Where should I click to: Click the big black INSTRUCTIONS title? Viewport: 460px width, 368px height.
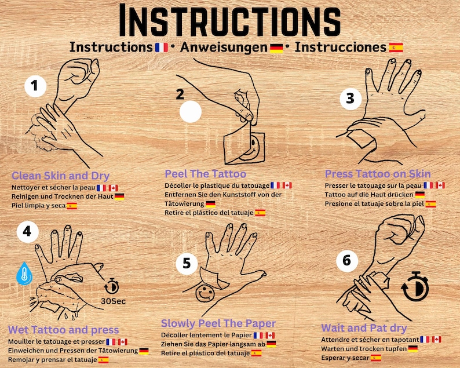229,20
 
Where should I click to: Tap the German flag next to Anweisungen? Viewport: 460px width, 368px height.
276,48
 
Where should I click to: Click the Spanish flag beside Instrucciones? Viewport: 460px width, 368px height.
396,48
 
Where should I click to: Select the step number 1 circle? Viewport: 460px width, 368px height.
35,86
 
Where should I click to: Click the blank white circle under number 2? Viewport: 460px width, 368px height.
191,111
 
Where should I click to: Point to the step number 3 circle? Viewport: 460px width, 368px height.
351,99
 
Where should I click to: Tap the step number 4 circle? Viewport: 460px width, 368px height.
28,232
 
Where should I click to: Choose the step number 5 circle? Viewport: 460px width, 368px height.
187,264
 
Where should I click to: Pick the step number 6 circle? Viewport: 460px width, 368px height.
347,261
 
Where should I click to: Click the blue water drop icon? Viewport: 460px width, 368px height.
24,274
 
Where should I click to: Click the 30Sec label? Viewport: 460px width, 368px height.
113,301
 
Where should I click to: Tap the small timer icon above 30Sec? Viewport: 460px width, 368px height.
112,286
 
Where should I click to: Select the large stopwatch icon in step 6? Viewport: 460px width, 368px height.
415,287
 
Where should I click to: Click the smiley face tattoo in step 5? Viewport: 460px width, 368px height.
205,293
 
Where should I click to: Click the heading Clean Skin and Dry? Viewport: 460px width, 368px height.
60,176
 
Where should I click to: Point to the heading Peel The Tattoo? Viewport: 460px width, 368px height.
205,174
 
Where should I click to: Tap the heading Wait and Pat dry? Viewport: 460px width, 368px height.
364,328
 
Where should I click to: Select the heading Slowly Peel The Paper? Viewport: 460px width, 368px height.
218,323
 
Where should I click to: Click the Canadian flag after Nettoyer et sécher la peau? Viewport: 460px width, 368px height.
113,188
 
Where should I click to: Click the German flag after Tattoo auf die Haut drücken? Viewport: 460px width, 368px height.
420,195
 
